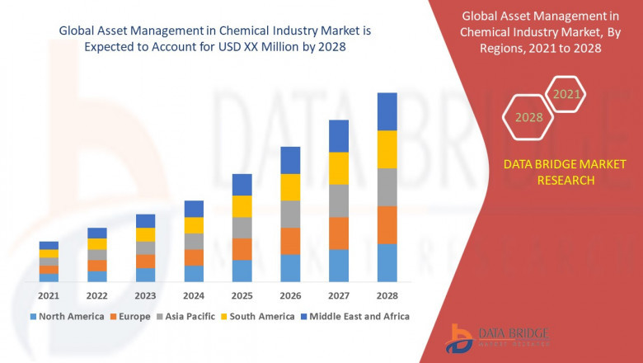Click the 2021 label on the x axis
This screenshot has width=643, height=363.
point(49,295)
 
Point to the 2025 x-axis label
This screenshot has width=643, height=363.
point(242,295)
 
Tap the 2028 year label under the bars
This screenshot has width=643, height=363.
point(387,295)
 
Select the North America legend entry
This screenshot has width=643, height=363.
point(67,316)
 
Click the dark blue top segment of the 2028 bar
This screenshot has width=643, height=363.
point(387,111)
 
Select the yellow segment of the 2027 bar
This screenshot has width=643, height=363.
point(339,168)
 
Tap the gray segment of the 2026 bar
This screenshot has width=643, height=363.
point(290,214)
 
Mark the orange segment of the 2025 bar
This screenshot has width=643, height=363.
point(242,249)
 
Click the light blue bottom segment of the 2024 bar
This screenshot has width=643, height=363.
point(194,274)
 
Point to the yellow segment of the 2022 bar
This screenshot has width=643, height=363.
point(97,244)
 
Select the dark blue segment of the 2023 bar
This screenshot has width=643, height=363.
point(145,221)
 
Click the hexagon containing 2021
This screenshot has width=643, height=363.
point(566,95)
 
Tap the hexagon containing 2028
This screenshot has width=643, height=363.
point(528,117)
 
